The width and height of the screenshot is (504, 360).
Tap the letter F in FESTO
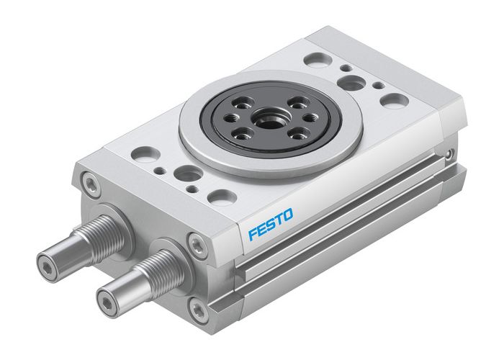253,233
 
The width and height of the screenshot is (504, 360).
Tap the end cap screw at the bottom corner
198,310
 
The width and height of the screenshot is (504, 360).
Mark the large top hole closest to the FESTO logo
220,196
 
